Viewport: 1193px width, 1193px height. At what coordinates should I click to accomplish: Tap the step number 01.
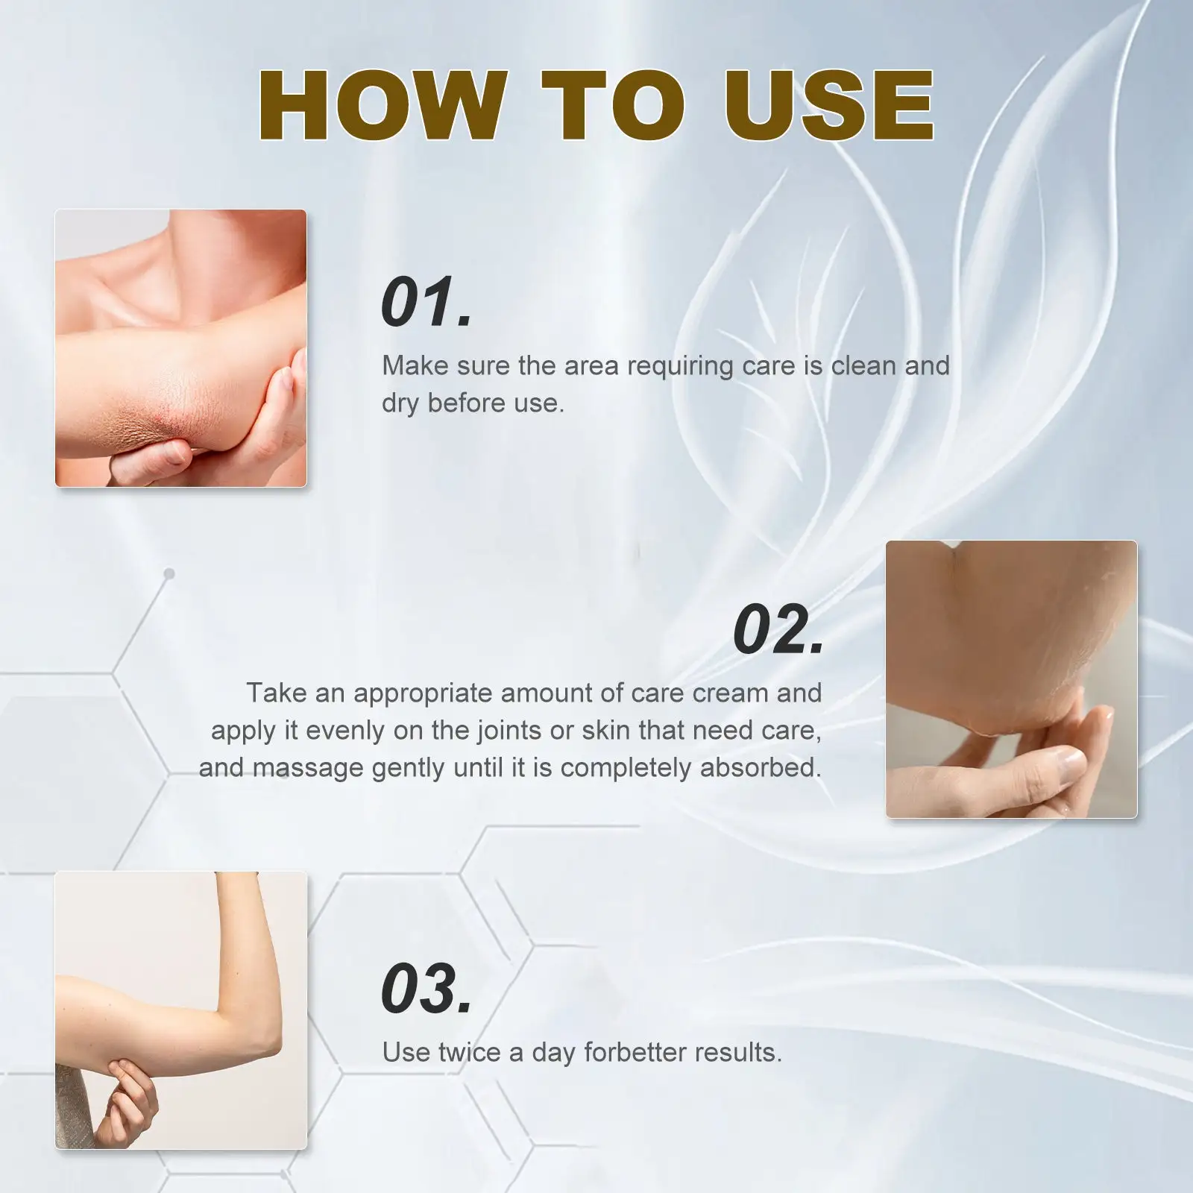[x=426, y=301]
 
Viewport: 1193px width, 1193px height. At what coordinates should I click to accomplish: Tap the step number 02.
[x=778, y=630]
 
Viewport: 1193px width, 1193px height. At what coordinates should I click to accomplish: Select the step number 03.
[x=426, y=989]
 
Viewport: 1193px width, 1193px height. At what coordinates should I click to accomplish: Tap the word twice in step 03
[x=469, y=1052]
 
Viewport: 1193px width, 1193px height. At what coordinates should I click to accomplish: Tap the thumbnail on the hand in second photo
[x=1071, y=762]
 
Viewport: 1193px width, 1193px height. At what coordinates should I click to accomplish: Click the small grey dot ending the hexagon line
[x=169, y=573]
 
